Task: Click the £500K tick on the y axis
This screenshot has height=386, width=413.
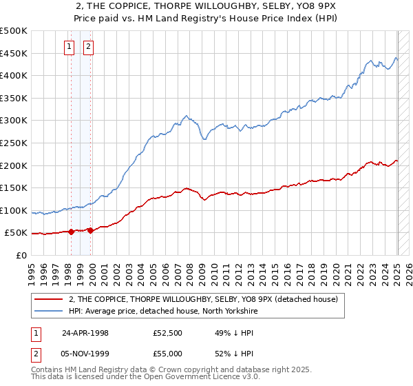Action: [14, 31]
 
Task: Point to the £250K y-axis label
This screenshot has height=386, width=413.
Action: [14, 143]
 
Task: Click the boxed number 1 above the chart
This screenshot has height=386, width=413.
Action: [70, 47]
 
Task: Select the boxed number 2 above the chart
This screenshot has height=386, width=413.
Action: [89, 47]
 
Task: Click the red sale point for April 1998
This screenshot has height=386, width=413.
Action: [72, 232]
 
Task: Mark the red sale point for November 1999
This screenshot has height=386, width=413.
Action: [90, 230]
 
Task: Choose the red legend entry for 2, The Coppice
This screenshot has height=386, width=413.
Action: [203, 299]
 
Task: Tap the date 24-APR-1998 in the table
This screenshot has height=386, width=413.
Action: [85, 332]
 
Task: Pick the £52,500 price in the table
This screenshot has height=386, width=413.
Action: [169, 332]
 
